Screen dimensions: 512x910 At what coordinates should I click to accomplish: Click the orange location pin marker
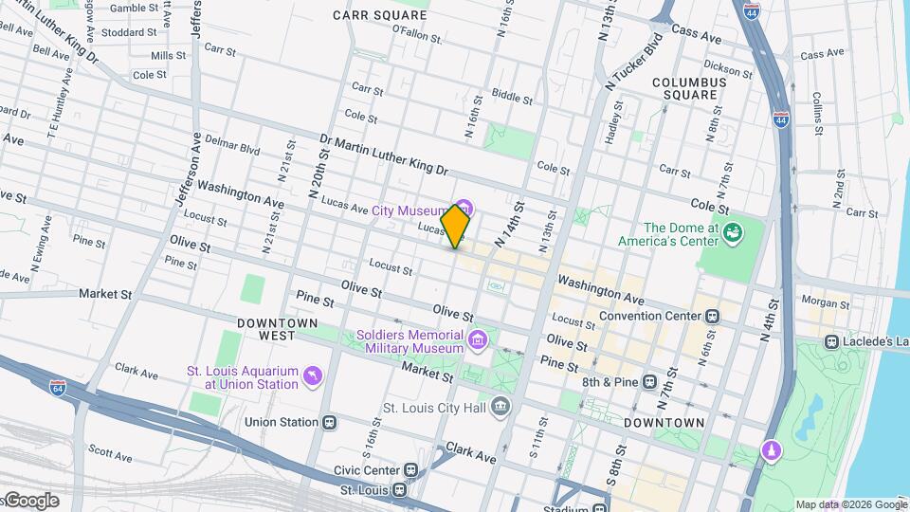[x=456, y=227]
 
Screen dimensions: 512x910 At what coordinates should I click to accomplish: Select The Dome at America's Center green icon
[x=732, y=232]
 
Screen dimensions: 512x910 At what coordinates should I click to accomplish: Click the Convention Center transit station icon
[x=711, y=316]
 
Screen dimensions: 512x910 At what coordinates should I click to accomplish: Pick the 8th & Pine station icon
[x=649, y=382]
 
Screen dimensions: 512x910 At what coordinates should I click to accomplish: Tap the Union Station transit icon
[x=329, y=422]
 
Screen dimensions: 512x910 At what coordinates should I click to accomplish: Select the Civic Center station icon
[x=409, y=468]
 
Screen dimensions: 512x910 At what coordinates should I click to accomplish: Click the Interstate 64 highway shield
[x=58, y=387]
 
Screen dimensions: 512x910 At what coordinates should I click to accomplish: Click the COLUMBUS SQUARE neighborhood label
[x=689, y=89]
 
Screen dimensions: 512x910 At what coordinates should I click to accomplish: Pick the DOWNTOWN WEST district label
[x=277, y=329]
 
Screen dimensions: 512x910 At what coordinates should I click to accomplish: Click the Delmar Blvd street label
[x=236, y=149]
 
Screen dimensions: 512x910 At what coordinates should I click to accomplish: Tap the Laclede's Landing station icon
[x=831, y=341]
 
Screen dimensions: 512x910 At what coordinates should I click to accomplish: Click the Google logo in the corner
[x=30, y=501]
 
